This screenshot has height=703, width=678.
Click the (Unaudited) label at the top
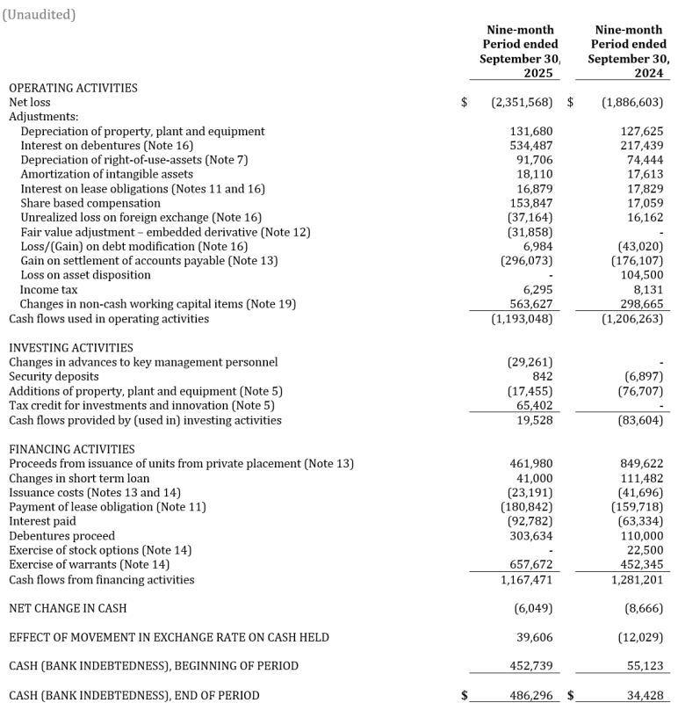pyautogui.click(x=40, y=14)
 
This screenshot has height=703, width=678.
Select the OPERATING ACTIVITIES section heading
pyautogui.click(x=73, y=88)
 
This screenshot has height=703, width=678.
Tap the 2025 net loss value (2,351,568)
pyautogui.click(x=522, y=103)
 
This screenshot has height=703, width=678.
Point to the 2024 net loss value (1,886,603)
pyautogui.click(x=632, y=103)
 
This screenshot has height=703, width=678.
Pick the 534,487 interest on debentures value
pyautogui.click(x=535, y=146)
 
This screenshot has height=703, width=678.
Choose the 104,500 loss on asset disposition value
pyautogui.click(x=642, y=275)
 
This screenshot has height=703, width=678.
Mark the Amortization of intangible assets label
pyautogui.click(x=94, y=175)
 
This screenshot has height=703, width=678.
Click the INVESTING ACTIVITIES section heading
pyautogui.click(x=71, y=348)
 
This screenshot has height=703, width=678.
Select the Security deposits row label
pyautogui.click(x=54, y=377)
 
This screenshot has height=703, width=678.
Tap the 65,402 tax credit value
pyautogui.click(x=538, y=406)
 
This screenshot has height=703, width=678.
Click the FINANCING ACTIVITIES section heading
pyautogui.click(x=72, y=449)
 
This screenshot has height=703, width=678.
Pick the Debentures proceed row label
pyautogui.click(x=61, y=536)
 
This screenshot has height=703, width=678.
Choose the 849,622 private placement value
pyautogui.click(x=642, y=464)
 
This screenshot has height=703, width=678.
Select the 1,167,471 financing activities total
pyautogui.click(x=530, y=580)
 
